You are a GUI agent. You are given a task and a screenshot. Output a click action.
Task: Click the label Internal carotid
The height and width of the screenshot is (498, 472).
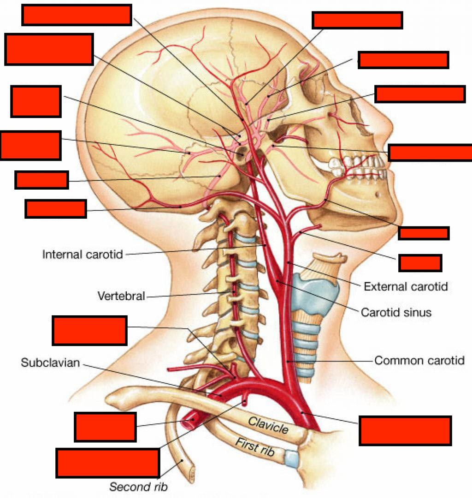click(83, 254)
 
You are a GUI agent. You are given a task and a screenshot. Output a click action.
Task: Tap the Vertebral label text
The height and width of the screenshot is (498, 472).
click(121, 296)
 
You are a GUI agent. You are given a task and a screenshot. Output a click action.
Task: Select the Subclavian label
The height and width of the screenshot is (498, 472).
click(50, 363)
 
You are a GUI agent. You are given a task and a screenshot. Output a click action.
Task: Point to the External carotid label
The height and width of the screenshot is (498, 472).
click(406, 287)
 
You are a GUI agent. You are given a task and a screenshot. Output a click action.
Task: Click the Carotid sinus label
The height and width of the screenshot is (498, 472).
click(396, 312)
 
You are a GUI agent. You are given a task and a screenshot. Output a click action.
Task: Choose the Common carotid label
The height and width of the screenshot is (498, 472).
click(419, 360)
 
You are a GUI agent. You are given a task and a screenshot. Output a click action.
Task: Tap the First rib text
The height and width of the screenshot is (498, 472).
click(255, 447)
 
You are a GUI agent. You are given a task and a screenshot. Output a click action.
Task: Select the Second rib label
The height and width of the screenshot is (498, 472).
click(138, 486)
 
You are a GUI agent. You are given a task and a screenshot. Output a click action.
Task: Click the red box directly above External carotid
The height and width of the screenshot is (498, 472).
click(420, 263)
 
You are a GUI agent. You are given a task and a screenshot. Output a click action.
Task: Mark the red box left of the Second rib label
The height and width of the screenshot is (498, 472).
click(107, 462)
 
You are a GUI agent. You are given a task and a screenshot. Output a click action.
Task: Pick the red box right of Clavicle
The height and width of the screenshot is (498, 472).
click(405, 430)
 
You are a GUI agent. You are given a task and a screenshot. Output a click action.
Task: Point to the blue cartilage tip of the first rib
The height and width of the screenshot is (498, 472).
click(291, 458)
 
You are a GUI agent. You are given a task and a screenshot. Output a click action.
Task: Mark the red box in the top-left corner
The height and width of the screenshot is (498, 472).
click(77, 14)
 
